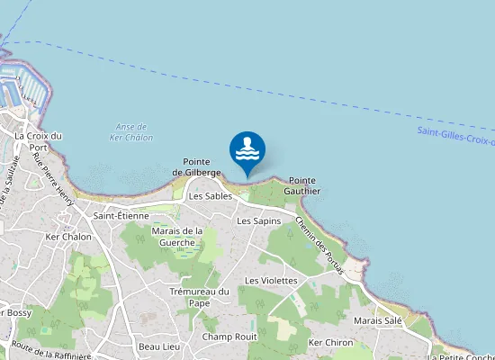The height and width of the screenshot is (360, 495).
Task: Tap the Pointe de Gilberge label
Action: (x=197, y=166)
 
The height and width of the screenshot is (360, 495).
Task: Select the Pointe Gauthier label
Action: (x=302, y=185)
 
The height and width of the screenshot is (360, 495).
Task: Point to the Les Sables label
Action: (x=211, y=195)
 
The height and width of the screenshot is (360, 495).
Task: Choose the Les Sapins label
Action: (x=259, y=220)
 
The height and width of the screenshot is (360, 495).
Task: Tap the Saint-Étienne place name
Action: (x=121, y=216)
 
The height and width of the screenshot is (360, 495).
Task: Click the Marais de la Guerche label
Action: (x=178, y=237)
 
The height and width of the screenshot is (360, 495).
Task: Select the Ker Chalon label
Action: (x=68, y=237)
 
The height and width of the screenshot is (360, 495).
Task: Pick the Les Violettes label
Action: (x=271, y=281)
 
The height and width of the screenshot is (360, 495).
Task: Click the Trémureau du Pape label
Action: (x=200, y=297)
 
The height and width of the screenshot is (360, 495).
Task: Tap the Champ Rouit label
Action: (x=229, y=337)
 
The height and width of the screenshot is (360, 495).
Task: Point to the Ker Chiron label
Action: (x=330, y=343)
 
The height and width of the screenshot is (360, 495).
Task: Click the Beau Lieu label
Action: (x=160, y=346)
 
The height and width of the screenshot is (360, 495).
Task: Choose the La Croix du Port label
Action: (x=39, y=141)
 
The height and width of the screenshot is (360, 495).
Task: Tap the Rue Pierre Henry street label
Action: (x=52, y=178)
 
